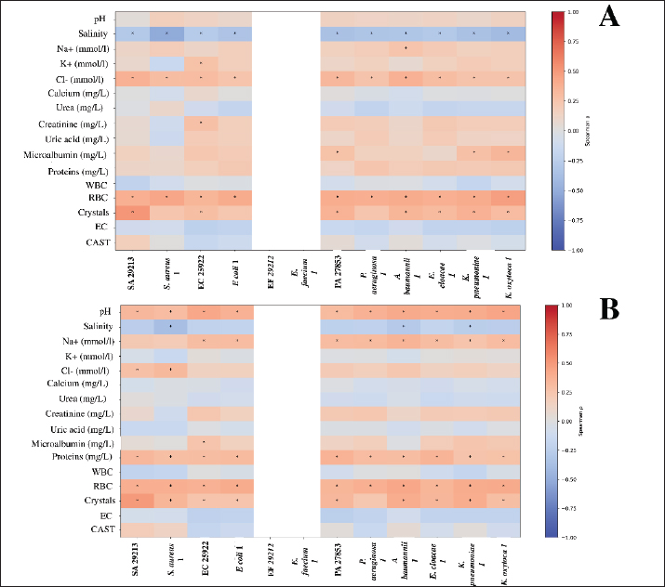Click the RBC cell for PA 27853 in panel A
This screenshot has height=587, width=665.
(338, 197)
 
